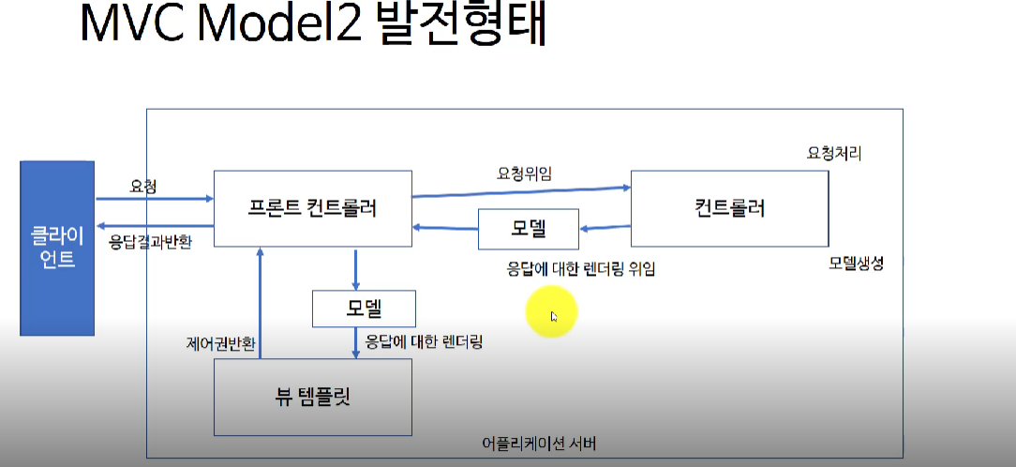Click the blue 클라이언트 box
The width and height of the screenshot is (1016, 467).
pos(56,248)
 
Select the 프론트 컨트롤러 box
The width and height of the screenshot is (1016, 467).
pos(313,209)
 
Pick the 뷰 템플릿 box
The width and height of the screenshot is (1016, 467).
pos(313,396)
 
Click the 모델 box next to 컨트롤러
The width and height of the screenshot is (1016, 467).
pos(528,229)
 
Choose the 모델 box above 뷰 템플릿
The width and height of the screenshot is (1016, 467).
pos(364,307)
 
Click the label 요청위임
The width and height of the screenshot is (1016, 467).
pos(523,173)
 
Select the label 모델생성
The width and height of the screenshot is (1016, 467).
pos(856,264)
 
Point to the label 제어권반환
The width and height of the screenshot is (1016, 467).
pos(220,343)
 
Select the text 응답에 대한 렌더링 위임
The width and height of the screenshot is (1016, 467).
pos(581,269)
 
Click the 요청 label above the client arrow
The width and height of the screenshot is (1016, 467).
pos(143,187)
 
